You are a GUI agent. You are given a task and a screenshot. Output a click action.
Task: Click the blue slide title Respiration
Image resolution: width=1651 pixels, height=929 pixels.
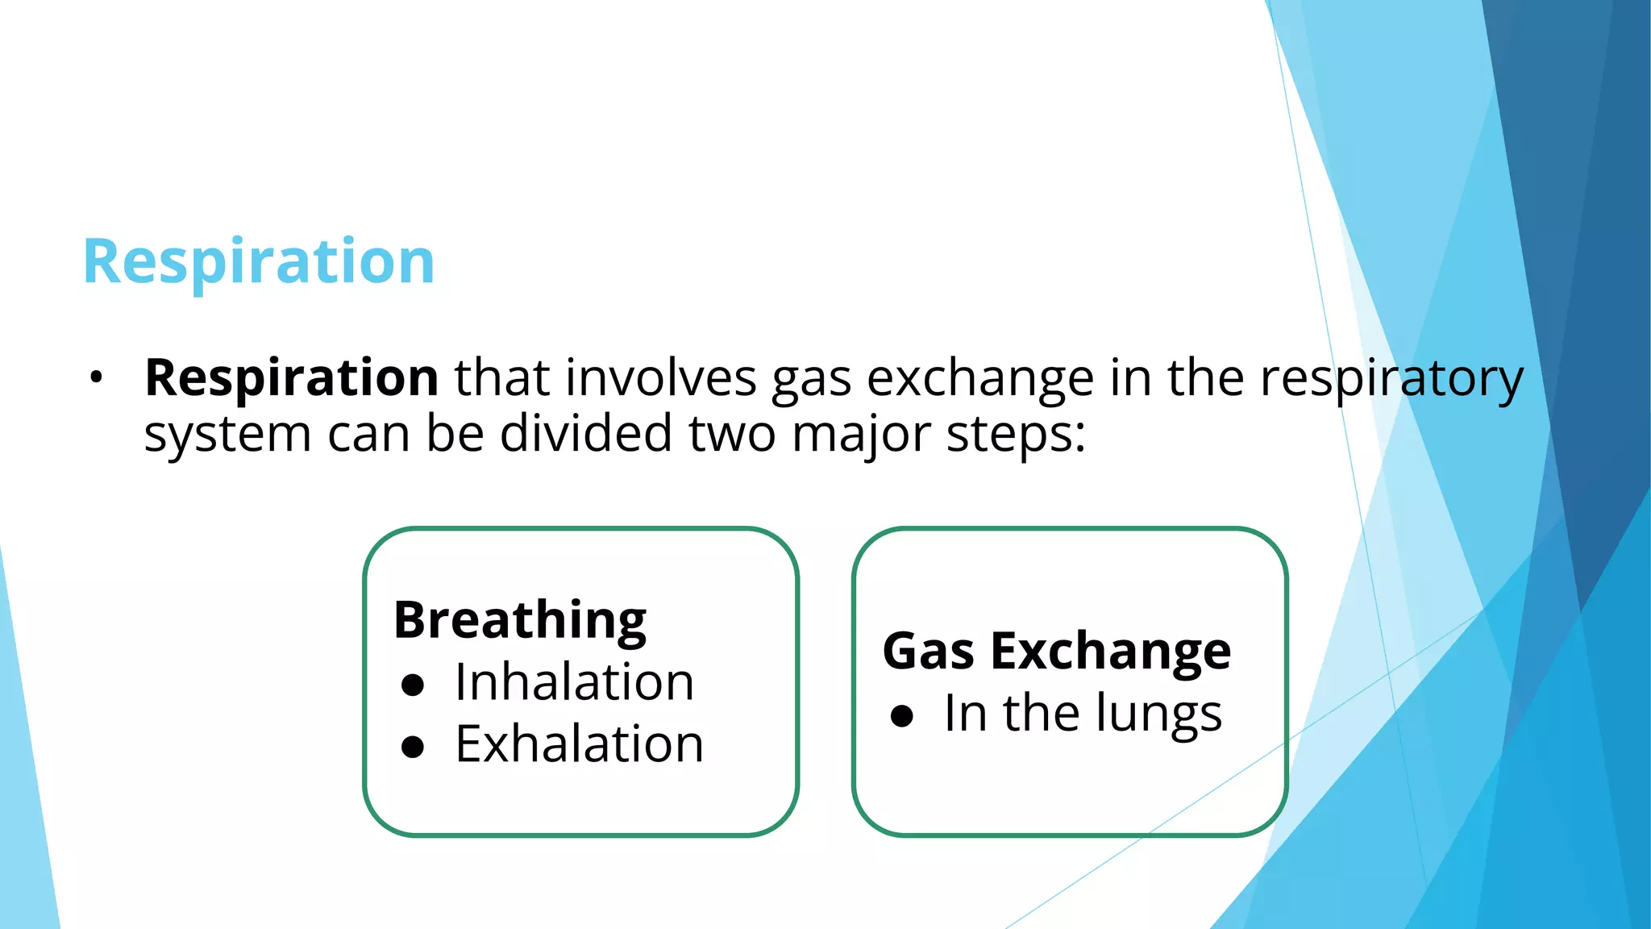coord(259,262)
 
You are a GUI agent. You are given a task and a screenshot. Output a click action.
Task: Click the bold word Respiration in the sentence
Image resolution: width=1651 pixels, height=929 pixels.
coord(291,377)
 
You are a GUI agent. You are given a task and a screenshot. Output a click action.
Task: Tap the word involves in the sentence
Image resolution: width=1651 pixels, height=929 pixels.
coord(661,377)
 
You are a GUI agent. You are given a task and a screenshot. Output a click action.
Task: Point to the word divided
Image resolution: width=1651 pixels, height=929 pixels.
coord(585,434)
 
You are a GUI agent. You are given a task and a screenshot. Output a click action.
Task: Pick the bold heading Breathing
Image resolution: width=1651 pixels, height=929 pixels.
coord(520,620)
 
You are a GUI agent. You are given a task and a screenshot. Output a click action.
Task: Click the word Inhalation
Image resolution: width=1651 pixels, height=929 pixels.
coord(574,682)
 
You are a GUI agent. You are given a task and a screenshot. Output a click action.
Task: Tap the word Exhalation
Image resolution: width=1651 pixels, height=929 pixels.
coord(579,744)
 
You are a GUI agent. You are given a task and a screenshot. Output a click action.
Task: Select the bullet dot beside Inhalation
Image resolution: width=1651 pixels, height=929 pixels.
coord(413,685)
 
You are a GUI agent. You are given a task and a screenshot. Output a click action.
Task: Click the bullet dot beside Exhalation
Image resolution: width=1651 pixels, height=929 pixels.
coord(413,748)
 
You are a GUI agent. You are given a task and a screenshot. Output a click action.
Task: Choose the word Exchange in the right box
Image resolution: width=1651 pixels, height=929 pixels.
coord(1110,651)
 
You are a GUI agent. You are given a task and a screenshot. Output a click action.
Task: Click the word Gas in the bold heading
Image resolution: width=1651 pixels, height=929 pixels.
coord(928,651)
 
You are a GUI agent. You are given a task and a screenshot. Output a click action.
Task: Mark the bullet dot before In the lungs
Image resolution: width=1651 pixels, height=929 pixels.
coord(902,716)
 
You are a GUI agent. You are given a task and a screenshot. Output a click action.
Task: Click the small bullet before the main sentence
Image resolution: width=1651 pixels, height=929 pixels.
coord(97,377)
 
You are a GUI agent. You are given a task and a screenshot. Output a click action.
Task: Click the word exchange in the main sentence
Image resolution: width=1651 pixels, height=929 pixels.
coord(980,377)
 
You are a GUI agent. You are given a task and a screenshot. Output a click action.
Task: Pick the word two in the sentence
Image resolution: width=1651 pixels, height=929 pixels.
coord(731,434)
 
